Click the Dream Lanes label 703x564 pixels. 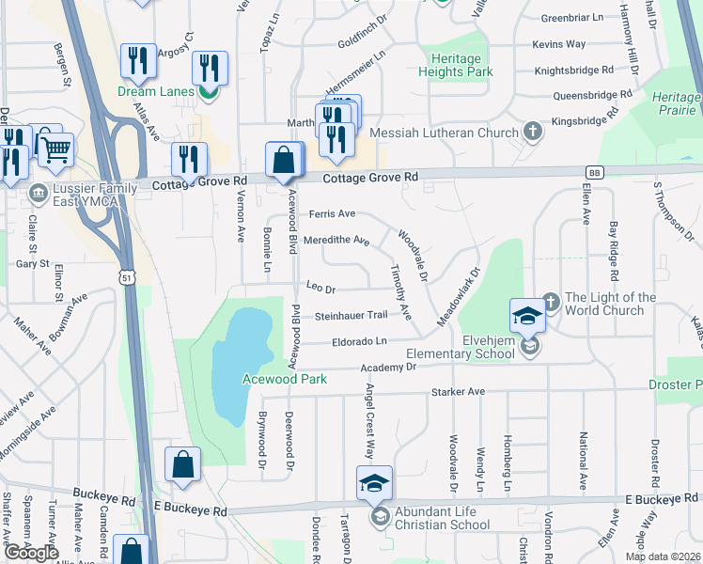click(x=155, y=91)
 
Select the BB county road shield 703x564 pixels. click(x=594, y=172)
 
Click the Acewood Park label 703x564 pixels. click(x=284, y=379)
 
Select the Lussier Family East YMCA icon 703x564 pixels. click(x=38, y=194)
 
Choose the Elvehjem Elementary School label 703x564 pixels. click(x=460, y=347)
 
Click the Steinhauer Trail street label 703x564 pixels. click(x=351, y=315)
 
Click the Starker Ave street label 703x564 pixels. click(x=458, y=391)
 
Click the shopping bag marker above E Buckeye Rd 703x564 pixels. click(x=182, y=464)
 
